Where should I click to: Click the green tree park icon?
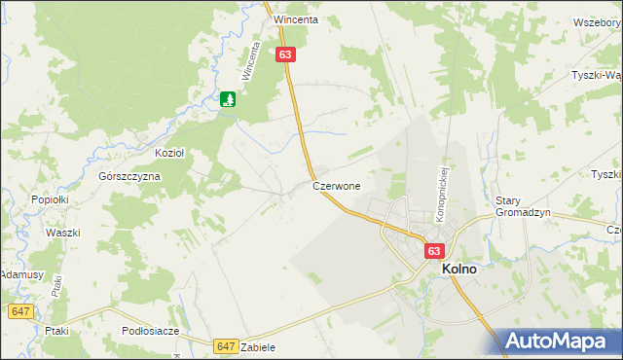pos(229,98)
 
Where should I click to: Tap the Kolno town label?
pos(459,270)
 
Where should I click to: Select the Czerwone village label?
pos(337,185)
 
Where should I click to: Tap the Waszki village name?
pos(62,233)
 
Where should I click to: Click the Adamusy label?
pos(20,275)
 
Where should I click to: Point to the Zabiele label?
pos(258,347)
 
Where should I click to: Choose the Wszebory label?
pos(597,21)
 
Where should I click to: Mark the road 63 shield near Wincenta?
pos(284,55)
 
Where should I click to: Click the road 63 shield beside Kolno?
pos(434,251)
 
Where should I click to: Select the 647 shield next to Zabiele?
pos(226,345)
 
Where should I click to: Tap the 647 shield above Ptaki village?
pos(20,311)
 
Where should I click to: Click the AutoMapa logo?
pos(559,342)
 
